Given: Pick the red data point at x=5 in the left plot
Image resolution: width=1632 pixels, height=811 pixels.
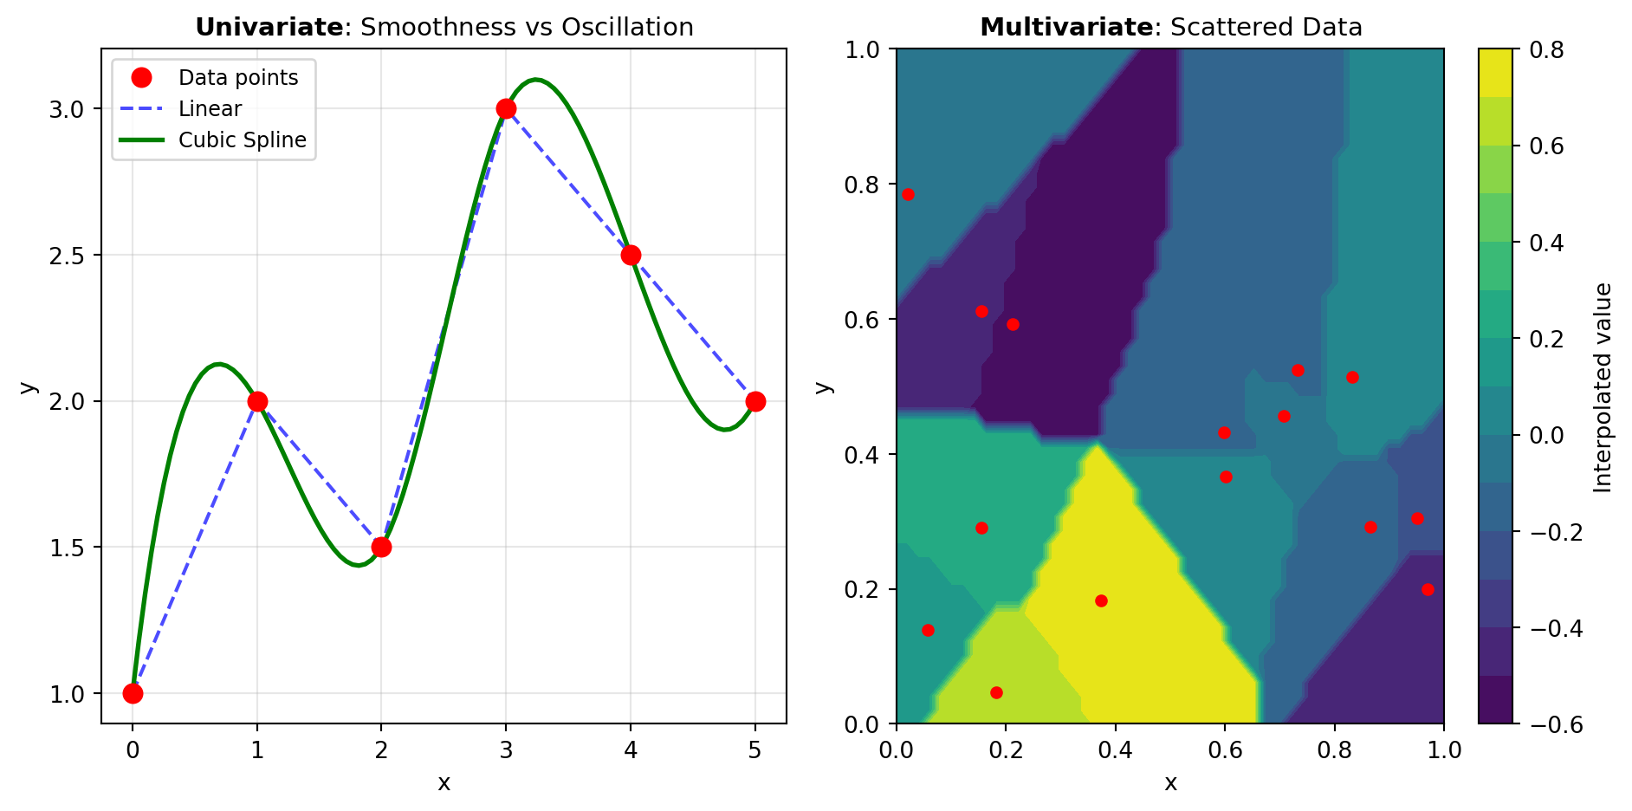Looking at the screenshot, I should tap(755, 401).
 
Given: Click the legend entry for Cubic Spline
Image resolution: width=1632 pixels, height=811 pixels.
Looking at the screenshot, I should tap(242, 140).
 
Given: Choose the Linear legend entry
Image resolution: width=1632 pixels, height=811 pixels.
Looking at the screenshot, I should tap(210, 109).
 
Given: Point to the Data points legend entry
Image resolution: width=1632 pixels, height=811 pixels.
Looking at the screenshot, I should tap(237, 78).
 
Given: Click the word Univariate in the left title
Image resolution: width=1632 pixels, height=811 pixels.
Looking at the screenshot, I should tap(269, 28).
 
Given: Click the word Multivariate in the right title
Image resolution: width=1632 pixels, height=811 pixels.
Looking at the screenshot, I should tap(1065, 28).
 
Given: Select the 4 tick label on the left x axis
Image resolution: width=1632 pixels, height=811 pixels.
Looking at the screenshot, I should tap(631, 750).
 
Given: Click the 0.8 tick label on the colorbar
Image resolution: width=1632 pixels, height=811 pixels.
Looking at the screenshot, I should tap(1546, 50).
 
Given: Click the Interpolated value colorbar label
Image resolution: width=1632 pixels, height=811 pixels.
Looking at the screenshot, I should tap(1603, 387).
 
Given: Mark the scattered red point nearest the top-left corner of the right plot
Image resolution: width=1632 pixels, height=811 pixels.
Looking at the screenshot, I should tap(908, 194).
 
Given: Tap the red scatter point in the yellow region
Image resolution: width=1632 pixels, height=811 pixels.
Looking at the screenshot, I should tap(1101, 600).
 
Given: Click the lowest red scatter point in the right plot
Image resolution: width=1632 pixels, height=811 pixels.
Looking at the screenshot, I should tap(996, 692).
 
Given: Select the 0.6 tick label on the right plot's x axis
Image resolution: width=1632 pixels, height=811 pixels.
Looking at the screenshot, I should tap(1224, 750).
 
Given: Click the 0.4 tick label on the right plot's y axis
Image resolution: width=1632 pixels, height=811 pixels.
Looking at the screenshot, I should tap(863, 455).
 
